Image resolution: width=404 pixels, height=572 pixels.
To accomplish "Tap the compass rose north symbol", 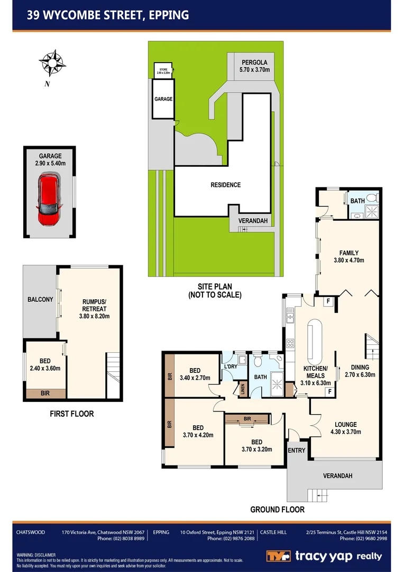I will (x=52, y=63).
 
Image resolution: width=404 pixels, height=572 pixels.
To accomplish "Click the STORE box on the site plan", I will (x=162, y=70).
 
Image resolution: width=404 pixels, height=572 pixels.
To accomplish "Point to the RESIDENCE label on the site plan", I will (x=225, y=185).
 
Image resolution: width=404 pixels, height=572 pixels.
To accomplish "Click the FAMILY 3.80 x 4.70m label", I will (x=349, y=256).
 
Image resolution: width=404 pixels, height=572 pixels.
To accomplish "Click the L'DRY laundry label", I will (x=230, y=367).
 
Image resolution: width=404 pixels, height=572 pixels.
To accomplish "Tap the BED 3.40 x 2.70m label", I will (x=195, y=374).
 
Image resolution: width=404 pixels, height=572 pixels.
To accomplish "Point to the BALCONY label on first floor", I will (x=40, y=300).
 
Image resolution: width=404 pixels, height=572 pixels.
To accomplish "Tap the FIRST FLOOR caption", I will (x=71, y=414).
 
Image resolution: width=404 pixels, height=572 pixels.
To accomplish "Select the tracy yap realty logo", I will (x=324, y=556).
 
